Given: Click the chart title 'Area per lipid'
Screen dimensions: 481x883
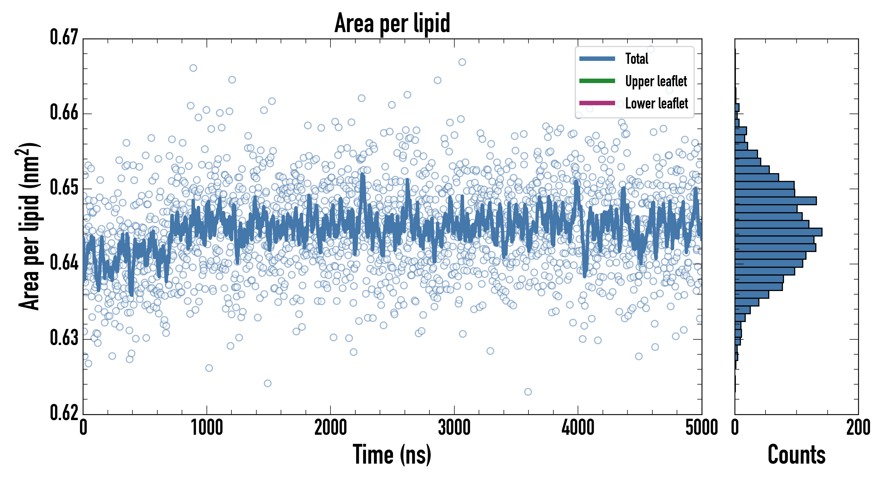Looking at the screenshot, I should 392,23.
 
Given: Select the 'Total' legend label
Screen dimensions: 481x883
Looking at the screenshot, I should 637,59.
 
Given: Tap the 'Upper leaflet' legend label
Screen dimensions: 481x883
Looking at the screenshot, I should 656,81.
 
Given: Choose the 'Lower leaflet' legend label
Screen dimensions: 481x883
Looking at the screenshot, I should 656,103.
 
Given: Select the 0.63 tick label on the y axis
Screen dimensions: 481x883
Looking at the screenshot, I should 64,338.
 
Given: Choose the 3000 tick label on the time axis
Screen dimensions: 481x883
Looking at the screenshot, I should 454,428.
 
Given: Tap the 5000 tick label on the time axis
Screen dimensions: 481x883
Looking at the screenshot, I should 701,428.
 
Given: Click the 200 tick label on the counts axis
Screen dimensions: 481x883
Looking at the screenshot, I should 858,428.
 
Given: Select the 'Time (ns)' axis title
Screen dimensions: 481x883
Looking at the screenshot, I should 392,455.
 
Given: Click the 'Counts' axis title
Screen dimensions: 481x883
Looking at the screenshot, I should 797,455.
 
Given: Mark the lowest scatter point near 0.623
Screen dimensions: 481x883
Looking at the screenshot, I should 528,392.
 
